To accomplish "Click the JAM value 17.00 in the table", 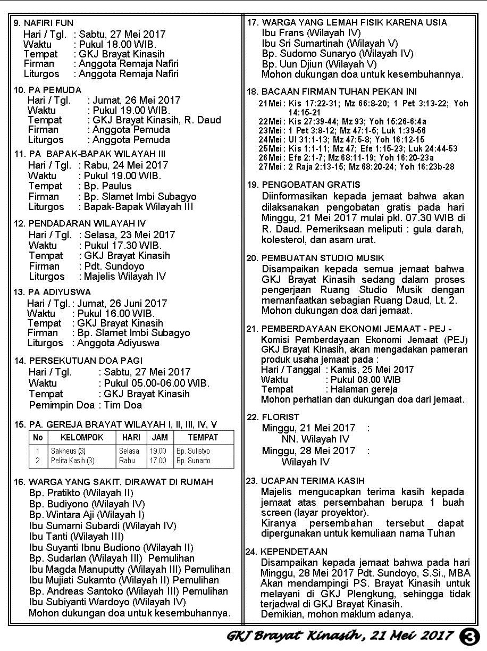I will point(158,461).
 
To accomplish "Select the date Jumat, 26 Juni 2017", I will point(122,303).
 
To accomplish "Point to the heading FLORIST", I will point(280,417).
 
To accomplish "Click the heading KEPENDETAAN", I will point(294,552).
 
